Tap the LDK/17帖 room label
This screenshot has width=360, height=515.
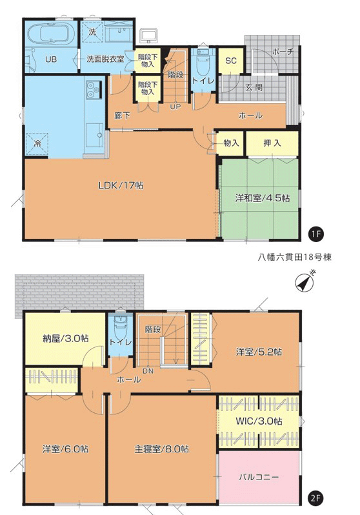click(121, 186)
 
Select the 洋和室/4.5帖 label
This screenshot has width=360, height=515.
click(262, 198)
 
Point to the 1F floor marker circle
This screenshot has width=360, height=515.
click(316, 234)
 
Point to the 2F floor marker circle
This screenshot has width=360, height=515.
click(316, 498)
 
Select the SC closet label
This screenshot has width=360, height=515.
click(231, 61)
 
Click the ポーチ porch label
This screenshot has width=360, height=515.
click(283, 52)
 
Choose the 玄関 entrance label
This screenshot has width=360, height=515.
click(254, 88)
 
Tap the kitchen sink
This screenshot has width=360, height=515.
click(95, 135)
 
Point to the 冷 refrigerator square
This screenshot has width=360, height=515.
click(37, 143)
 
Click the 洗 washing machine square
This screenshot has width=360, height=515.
click(92, 32)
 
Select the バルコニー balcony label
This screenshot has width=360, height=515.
click(259, 477)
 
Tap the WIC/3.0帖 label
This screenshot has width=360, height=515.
click(259, 421)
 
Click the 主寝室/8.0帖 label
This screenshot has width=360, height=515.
click(161, 449)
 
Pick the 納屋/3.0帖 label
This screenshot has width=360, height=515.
click(65, 338)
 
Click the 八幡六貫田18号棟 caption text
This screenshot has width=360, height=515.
click(294, 257)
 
